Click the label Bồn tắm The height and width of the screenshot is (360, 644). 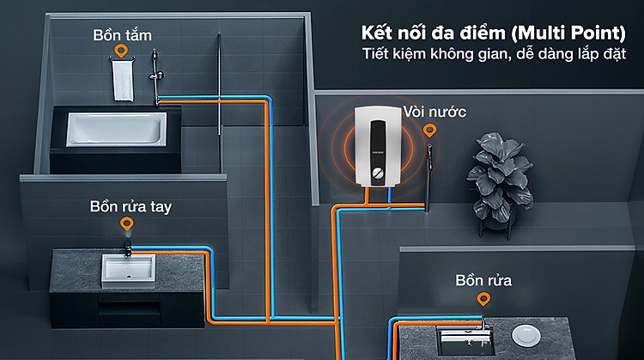tap(123, 35)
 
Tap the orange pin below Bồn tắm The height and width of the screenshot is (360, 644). tap(121, 51)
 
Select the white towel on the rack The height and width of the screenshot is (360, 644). tap(123, 81)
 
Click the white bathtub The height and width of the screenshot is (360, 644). tap(117, 129)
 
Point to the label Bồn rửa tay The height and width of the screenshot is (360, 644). tap(131, 206)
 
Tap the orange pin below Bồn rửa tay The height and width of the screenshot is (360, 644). tap(127, 224)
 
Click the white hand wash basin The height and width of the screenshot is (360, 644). tap(129, 271)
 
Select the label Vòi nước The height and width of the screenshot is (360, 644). tap(434, 112)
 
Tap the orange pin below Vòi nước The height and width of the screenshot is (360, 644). tap(429, 131)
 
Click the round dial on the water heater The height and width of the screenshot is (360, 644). tap(378, 173)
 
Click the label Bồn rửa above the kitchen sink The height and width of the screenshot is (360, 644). tap(483, 280)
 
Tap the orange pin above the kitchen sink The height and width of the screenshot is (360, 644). tap(483, 299)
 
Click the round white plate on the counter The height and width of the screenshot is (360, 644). tap(526, 334)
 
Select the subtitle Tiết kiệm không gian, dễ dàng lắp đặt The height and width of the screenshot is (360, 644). tap(494, 54)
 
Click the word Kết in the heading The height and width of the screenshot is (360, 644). tap(376, 33)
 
